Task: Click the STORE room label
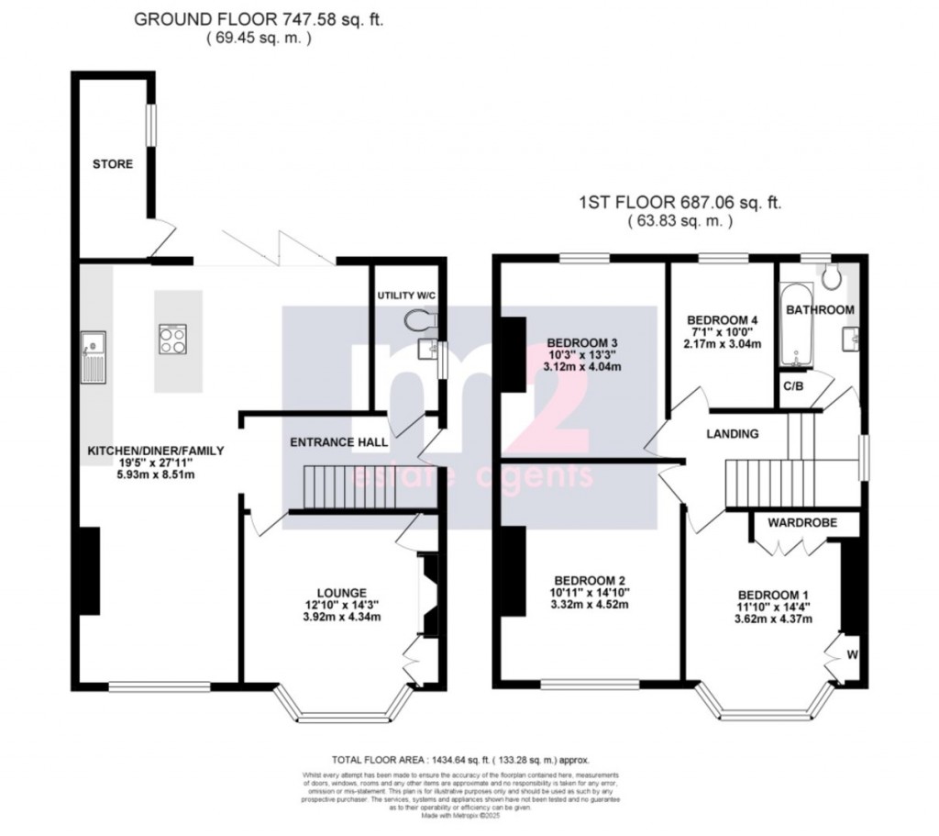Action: pyautogui.click(x=112, y=164)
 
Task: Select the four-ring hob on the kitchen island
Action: pyautogui.click(x=171, y=340)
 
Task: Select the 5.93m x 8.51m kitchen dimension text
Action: pyautogui.click(x=155, y=475)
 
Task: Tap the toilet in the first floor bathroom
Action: pyautogui.click(x=833, y=277)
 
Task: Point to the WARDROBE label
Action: pyautogui.click(x=798, y=525)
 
